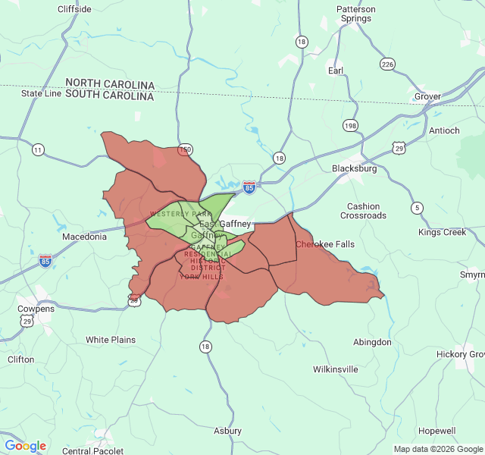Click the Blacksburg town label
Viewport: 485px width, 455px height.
pos(354,169)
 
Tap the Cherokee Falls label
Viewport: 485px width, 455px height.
pos(324,244)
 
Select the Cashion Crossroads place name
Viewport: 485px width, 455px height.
pos(363,211)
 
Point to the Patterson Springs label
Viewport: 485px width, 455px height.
pos(355,14)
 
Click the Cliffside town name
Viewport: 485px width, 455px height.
pos(75,9)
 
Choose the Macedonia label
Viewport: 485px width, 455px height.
pos(84,237)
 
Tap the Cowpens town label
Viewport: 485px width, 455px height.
pos(36,309)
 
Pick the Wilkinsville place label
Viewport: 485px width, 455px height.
pos(336,369)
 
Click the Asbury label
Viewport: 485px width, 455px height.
pos(227,431)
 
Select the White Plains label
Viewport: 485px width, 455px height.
pos(111,340)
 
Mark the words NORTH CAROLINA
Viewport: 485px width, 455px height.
pos(110,84)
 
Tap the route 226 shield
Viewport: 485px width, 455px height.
pos(388,64)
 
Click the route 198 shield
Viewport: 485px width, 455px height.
pos(350,125)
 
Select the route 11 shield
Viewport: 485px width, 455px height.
pos(38,149)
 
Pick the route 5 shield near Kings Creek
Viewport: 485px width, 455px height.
pos(417,208)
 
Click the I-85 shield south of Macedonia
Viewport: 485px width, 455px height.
pos(46,261)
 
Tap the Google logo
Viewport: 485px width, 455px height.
pos(25,446)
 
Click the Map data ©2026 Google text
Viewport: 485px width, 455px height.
pos(438,449)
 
